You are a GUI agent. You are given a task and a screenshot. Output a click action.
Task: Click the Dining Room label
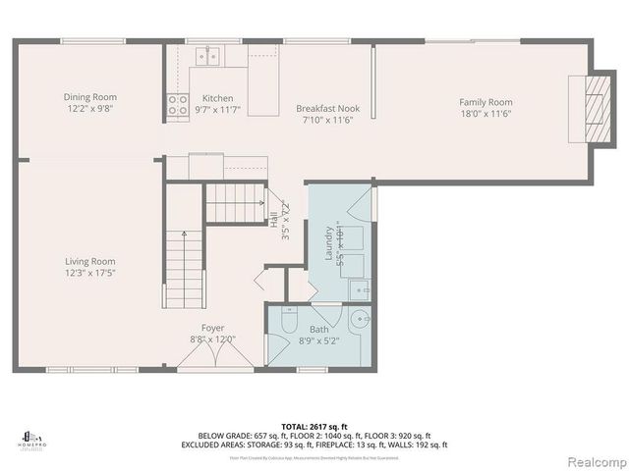click(x=90, y=96)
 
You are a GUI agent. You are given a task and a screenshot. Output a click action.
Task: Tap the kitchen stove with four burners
click(x=178, y=104)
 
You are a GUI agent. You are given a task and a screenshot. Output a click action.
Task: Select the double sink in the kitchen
click(x=206, y=57)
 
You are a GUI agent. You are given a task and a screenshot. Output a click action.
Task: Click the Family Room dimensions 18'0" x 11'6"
click(x=486, y=114)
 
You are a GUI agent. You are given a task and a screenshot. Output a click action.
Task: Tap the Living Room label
click(x=90, y=261)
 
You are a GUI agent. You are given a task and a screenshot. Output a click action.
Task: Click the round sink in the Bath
click(x=361, y=319)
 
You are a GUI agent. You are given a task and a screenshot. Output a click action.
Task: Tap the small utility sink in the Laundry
click(x=360, y=289)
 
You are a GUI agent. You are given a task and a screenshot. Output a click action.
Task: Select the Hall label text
click(x=273, y=220)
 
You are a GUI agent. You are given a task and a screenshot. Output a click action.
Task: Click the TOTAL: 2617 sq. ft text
click(x=314, y=427)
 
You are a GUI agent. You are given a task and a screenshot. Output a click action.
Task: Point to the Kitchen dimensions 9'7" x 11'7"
click(x=218, y=110)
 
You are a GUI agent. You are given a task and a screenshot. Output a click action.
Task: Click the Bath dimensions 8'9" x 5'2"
click(x=319, y=340)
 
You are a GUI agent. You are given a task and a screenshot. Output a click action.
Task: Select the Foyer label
click(x=213, y=328)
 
